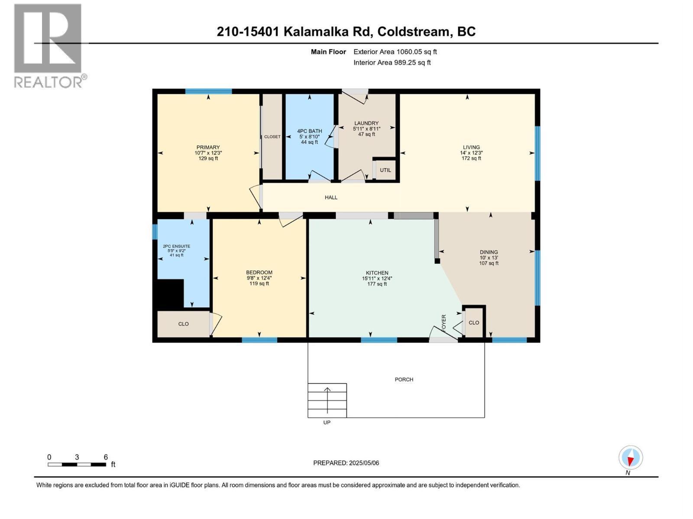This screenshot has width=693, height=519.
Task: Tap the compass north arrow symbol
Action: click(631, 458)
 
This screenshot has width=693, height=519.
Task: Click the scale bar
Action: click(77, 465)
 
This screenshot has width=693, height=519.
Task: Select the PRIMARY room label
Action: click(208, 147)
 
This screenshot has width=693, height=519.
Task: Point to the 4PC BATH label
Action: click(309, 131)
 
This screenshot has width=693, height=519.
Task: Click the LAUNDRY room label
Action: click(366, 123)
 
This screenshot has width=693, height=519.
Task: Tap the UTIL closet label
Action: click(385, 170)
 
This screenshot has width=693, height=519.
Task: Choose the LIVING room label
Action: click(471, 147)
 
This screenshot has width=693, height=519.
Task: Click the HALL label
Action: click(331, 198)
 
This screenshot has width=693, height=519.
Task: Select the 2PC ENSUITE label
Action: click(176, 247)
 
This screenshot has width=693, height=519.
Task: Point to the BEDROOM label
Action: click(259, 272)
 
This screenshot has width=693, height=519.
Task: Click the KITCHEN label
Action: click(377, 273)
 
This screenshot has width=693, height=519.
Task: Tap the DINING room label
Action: click(489, 252)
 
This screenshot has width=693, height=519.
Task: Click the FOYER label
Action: click(444, 324)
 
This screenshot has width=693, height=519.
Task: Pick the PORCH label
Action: click(404, 380)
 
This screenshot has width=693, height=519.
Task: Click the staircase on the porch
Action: click(327, 400)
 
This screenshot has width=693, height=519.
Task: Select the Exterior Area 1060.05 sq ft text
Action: click(395, 52)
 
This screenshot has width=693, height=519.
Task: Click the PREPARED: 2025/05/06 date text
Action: click(346, 463)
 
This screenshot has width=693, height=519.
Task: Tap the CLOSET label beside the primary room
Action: click(272, 137)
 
